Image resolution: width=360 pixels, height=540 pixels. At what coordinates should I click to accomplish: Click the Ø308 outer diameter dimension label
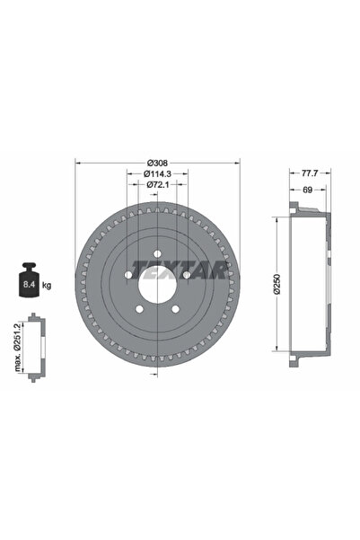pos(157,164)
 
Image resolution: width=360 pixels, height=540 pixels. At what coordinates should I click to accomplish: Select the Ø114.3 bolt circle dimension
pos(157,175)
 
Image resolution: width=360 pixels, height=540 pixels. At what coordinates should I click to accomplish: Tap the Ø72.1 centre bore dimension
pos(157,187)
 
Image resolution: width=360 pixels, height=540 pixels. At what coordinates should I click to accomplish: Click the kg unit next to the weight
pos(45,285)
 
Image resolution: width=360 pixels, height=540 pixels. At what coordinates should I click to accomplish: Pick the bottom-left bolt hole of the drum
pos(140,311)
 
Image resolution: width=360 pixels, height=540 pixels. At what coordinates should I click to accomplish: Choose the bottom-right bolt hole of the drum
pos(177,311)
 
